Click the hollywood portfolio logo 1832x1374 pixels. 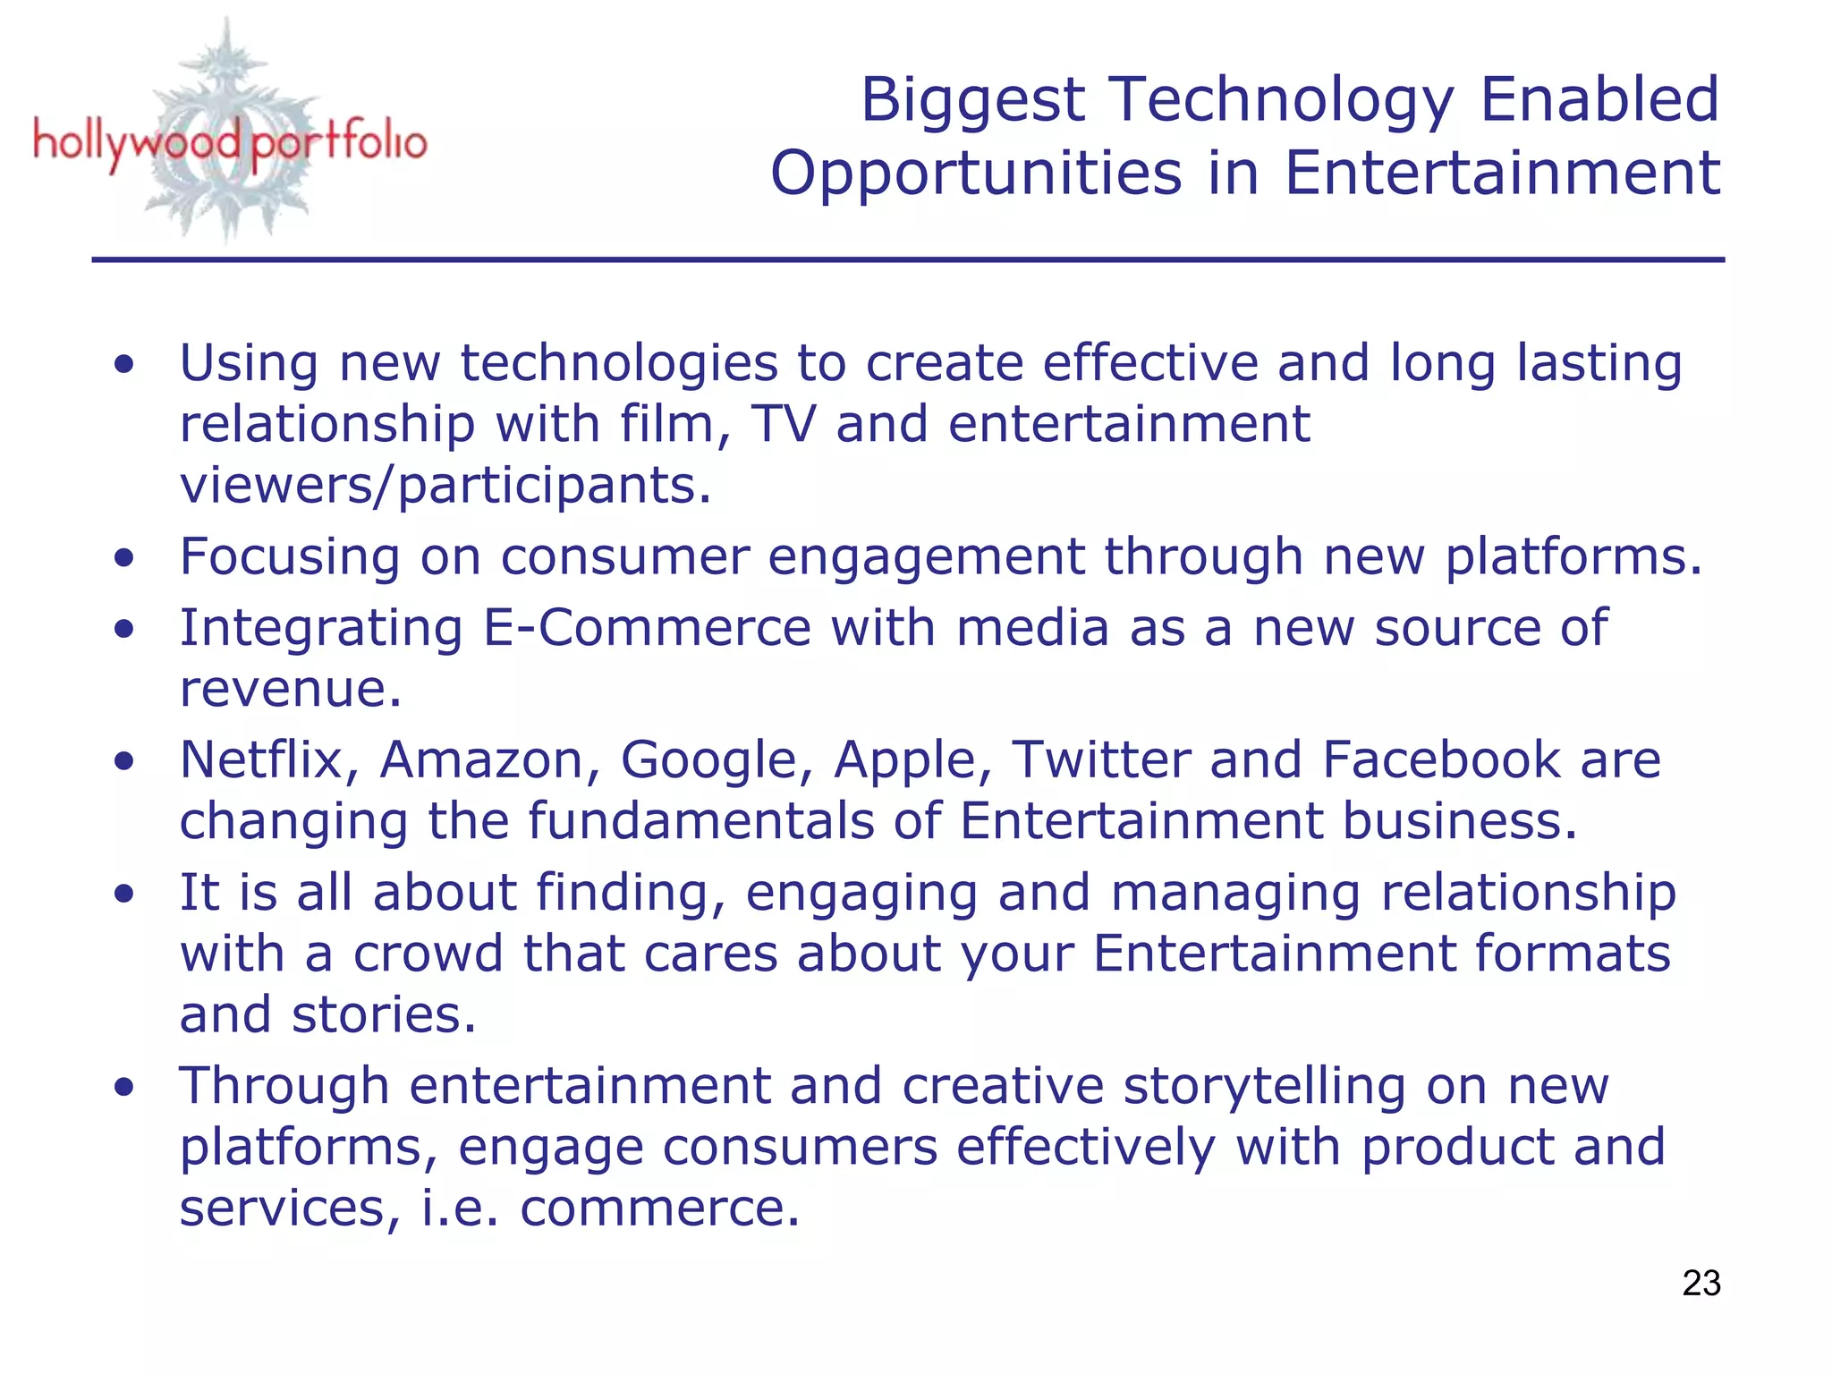[x=229, y=141]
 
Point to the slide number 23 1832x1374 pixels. [x=1701, y=1283]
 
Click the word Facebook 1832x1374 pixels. [x=1440, y=760]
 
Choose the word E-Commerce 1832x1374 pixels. [x=647, y=628]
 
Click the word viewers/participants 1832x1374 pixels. [x=445, y=487]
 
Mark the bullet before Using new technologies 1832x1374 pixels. [x=124, y=365]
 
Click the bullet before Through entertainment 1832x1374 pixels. [x=124, y=1088]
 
